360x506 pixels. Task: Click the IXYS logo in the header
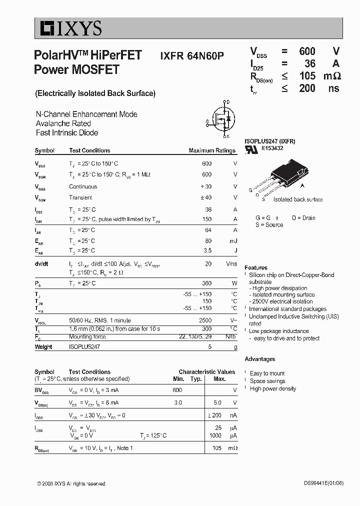[68, 28]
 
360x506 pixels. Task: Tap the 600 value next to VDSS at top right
[307, 51]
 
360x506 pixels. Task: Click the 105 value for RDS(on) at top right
[307, 76]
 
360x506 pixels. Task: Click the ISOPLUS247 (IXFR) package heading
[269, 141]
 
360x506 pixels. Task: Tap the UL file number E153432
[272, 148]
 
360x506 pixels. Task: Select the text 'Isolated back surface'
[298, 199]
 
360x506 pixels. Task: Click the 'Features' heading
[256, 267]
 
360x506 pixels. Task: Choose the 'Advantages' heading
[260, 359]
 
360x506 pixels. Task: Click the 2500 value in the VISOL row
[205, 319]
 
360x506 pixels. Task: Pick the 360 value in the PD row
[206, 283]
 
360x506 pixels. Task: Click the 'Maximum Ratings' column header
[211, 150]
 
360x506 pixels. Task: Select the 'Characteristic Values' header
[206, 372]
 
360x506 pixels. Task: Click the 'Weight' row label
[43, 347]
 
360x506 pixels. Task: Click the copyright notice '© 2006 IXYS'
[71, 483]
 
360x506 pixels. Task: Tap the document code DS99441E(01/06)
[323, 483]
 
